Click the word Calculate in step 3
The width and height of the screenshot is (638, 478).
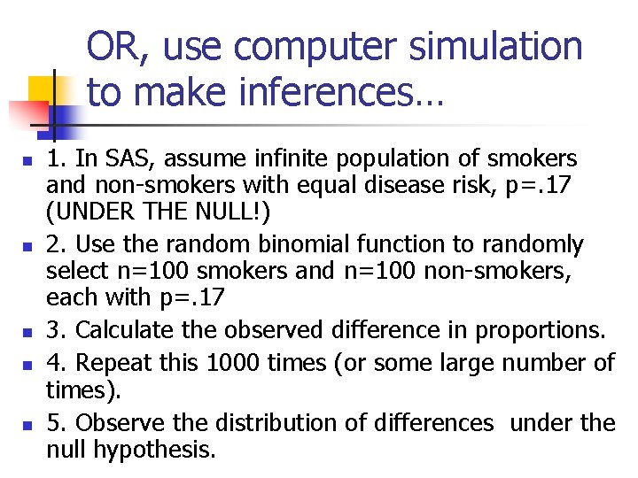[x=121, y=329]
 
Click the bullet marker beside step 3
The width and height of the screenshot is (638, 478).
[x=27, y=332]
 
